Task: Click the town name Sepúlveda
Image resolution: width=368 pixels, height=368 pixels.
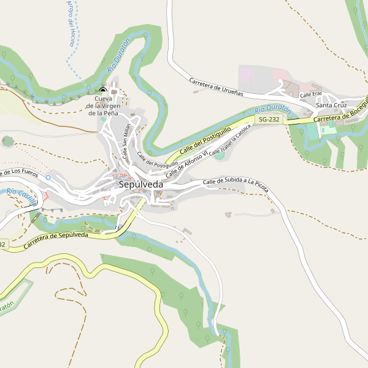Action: coord(141,184)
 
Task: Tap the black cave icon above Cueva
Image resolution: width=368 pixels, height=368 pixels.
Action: coord(102,91)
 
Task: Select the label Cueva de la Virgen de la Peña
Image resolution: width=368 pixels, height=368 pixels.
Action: coord(103,106)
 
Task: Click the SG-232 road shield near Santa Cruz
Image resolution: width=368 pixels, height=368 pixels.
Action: coord(269,119)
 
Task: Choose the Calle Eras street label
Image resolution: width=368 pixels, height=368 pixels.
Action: coord(311,94)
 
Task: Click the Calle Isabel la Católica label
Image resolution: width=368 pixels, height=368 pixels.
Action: coord(231,141)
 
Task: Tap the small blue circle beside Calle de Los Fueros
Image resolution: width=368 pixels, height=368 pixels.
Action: coord(48,177)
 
